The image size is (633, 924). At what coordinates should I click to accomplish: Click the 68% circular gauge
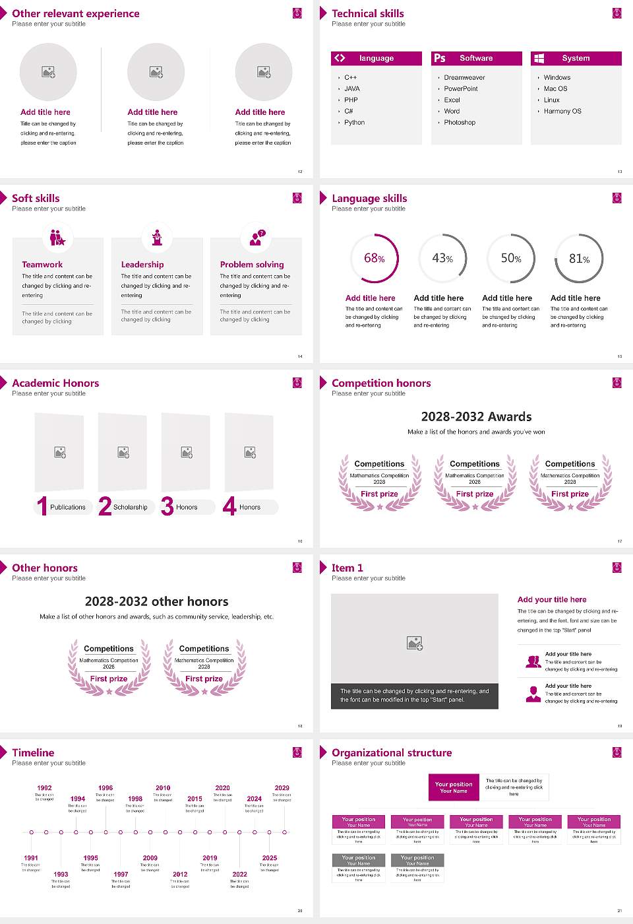pyautogui.click(x=375, y=259)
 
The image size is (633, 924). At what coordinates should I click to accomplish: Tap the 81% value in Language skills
pyautogui.click(x=579, y=259)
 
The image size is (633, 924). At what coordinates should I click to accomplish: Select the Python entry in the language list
pyautogui.click(x=354, y=123)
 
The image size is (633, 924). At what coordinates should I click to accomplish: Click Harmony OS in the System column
pyautogui.click(x=562, y=112)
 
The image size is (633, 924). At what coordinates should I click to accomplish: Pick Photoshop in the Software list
pyautogui.click(x=460, y=123)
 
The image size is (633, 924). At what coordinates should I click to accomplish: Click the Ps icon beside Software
pyautogui.click(x=440, y=58)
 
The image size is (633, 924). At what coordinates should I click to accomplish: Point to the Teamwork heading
pyautogui.click(x=42, y=265)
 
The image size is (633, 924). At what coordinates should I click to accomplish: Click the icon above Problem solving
pyautogui.click(x=256, y=238)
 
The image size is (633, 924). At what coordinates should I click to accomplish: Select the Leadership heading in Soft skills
pyautogui.click(x=142, y=265)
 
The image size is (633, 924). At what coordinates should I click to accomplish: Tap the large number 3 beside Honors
pyautogui.click(x=167, y=506)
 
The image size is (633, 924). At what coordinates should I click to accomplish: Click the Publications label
pyautogui.click(x=68, y=508)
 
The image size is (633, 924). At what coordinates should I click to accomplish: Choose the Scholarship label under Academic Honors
pyautogui.click(x=131, y=508)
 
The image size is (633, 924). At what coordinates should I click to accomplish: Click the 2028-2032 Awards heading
pyautogui.click(x=476, y=416)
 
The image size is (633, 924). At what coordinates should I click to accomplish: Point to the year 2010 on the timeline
pyautogui.click(x=163, y=788)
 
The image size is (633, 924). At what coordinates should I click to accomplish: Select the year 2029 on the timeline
pyautogui.click(x=282, y=788)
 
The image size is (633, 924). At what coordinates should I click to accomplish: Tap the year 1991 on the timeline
pyautogui.click(x=31, y=859)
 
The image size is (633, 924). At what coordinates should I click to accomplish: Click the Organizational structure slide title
pyautogui.click(x=392, y=753)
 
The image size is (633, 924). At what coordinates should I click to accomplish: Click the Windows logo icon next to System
pyautogui.click(x=539, y=58)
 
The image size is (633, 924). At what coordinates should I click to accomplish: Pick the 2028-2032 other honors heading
pyautogui.click(x=157, y=601)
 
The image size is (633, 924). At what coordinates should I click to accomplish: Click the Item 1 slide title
pyautogui.click(x=347, y=568)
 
